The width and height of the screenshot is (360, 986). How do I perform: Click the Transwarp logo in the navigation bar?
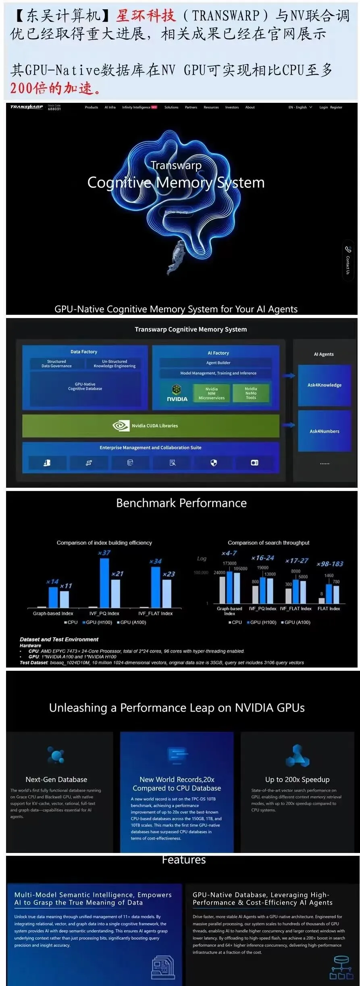26,107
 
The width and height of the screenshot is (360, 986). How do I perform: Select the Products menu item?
92,107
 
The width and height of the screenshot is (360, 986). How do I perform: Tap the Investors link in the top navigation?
232,107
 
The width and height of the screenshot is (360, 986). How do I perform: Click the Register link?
336,107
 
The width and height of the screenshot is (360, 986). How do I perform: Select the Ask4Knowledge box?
325,385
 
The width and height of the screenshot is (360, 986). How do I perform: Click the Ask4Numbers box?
325,431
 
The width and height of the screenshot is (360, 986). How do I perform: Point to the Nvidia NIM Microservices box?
212,393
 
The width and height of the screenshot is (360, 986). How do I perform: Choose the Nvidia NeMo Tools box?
251,393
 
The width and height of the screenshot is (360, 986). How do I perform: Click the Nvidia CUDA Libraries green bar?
150,426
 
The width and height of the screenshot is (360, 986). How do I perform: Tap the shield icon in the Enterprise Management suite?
214,463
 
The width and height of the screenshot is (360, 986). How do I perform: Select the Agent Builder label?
218,363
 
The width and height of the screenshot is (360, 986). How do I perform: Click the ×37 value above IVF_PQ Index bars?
104,553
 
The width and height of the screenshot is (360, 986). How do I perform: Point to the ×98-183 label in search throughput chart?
330,564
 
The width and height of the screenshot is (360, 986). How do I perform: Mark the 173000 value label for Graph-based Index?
229,564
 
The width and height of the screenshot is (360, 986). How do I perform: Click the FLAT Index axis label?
329,609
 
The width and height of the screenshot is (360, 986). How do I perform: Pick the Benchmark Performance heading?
181,503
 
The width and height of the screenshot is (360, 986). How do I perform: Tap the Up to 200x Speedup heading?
297,780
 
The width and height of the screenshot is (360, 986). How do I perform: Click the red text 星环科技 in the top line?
146,16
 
